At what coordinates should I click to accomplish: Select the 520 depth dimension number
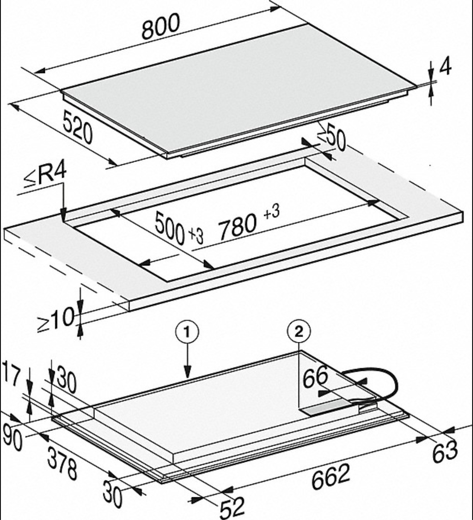(x=77, y=127)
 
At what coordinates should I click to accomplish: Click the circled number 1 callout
(x=188, y=332)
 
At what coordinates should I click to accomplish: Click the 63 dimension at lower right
(x=445, y=451)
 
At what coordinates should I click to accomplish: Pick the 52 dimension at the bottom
(x=232, y=507)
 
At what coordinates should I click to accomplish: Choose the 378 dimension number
(x=62, y=463)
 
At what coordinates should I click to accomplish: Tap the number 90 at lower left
(x=12, y=438)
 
